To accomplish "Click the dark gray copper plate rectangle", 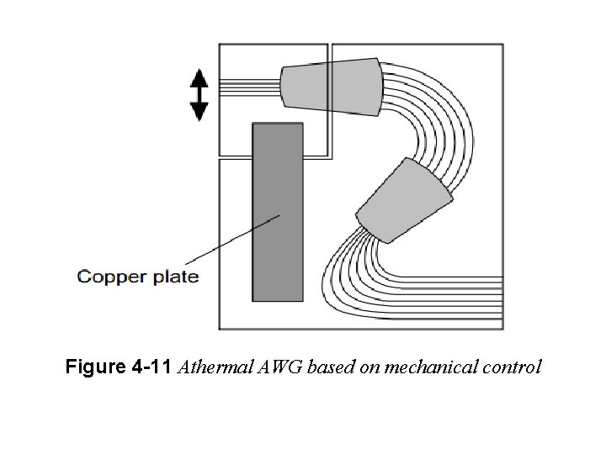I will (278, 212).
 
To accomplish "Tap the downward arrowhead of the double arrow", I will (199, 111).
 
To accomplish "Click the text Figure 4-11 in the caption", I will (119, 367).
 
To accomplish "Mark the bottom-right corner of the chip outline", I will (503, 329).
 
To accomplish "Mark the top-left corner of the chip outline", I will (220, 44).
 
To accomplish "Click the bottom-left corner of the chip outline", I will (220, 329).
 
